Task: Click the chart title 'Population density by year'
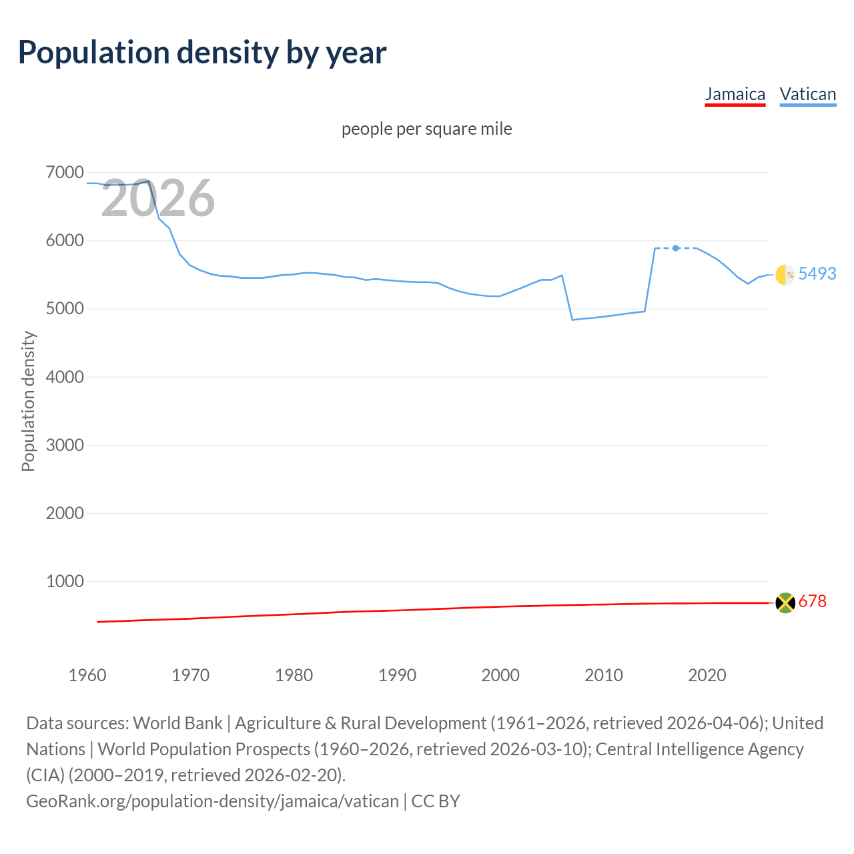point(202,53)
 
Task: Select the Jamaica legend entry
point(735,94)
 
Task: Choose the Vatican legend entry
point(807,94)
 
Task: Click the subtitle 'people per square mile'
point(426,129)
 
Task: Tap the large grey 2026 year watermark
point(158,198)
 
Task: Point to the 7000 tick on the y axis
point(65,173)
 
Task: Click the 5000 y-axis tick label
point(65,309)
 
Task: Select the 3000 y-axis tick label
point(65,445)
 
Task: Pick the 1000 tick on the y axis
point(65,581)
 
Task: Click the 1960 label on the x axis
point(87,675)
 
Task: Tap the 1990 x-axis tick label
point(397,675)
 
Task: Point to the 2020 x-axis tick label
point(707,675)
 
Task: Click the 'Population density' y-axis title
point(28,402)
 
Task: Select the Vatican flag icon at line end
point(785,274)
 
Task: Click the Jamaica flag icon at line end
point(785,602)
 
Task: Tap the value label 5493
point(817,274)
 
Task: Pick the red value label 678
point(812,601)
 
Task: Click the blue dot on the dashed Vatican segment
point(676,248)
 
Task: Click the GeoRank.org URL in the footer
point(212,801)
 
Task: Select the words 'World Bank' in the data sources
point(177,723)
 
